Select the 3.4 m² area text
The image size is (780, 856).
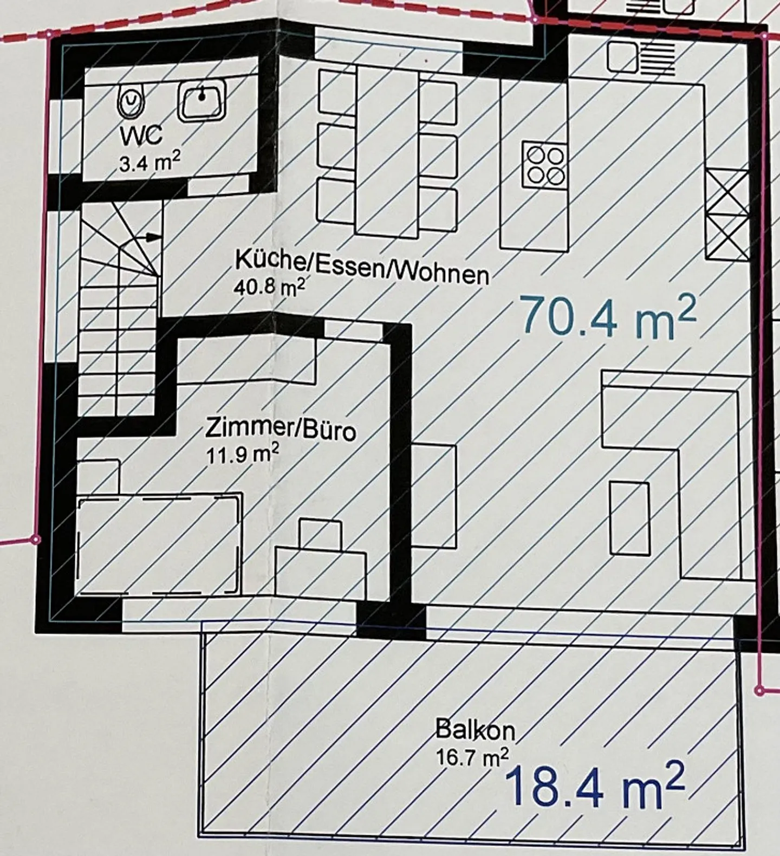click(150, 162)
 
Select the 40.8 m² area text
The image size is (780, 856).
click(269, 287)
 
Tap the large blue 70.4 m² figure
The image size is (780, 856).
click(607, 319)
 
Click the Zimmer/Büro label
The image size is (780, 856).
click(280, 431)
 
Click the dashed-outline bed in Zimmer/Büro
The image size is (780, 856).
click(158, 544)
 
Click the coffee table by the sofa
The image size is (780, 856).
click(629, 518)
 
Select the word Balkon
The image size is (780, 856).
click(475, 731)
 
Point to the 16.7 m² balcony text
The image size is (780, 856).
click(472, 757)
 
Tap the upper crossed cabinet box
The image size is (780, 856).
click(727, 192)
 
